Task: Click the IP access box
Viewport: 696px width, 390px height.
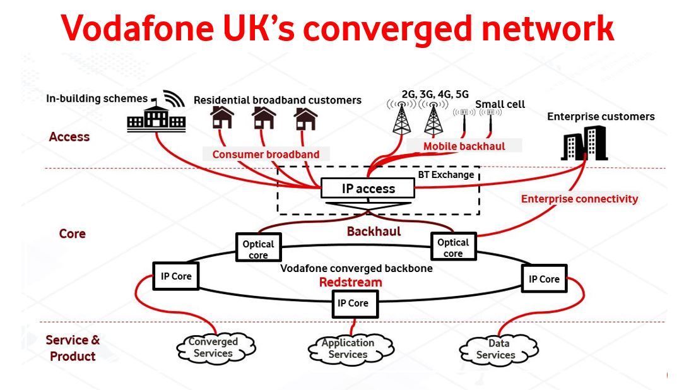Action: (369, 188)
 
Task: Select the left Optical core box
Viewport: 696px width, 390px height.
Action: (258, 249)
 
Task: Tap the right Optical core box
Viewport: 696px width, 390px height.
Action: (453, 247)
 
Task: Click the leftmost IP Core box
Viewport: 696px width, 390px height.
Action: (176, 276)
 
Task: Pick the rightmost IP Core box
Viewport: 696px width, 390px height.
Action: (544, 279)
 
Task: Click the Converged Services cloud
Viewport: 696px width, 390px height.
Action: (213, 348)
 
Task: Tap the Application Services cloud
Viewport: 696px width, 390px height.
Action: (348, 348)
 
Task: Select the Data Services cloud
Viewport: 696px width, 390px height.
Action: (498, 349)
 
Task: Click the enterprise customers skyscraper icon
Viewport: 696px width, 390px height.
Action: (583, 143)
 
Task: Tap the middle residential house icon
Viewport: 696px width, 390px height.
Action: (264, 118)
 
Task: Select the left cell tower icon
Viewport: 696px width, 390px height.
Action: (401, 117)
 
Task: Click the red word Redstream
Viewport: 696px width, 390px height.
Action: (350, 282)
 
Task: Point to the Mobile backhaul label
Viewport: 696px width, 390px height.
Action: (464, 146)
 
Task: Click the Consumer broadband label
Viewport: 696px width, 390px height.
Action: (266, 155)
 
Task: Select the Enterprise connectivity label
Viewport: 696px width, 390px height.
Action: (579, 199)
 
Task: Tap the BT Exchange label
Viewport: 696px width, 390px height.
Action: (445, 174)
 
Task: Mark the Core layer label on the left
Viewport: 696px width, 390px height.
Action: (72, 234)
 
